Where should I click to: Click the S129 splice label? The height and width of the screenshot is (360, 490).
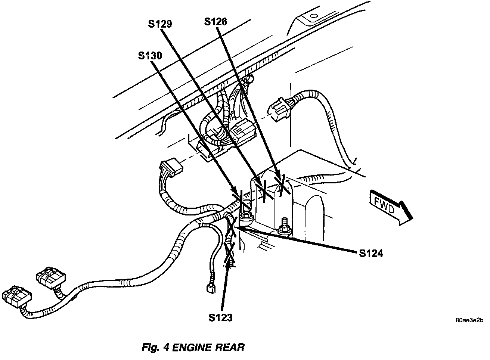159,24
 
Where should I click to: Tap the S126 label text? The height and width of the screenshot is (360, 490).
215,22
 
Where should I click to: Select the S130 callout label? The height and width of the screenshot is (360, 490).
149,56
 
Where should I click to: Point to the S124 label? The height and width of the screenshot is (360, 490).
371,254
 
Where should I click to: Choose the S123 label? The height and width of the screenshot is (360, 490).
220,318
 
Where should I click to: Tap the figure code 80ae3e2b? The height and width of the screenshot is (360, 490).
469,320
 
